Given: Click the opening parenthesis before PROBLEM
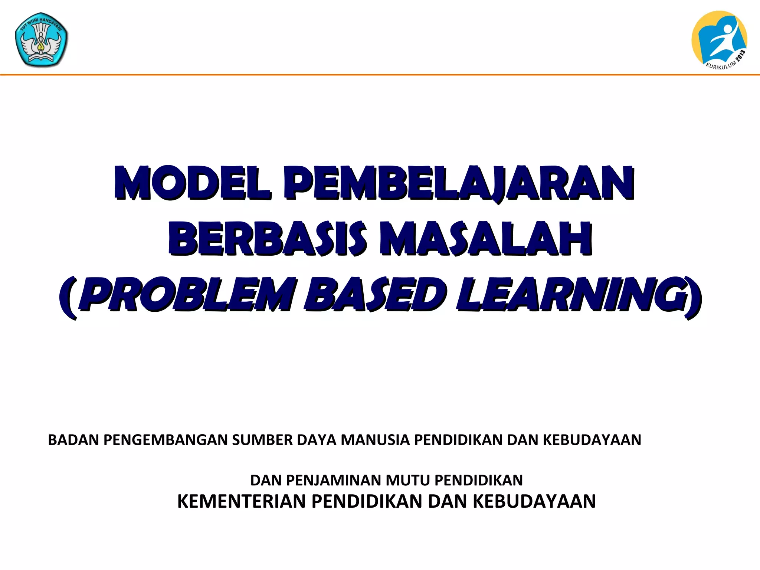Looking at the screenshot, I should tap(68, 297).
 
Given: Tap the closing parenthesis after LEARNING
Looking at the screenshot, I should tap(693, 297).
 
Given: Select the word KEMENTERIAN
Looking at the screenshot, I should tap(242, 501).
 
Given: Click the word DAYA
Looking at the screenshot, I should tap(317, 440).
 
